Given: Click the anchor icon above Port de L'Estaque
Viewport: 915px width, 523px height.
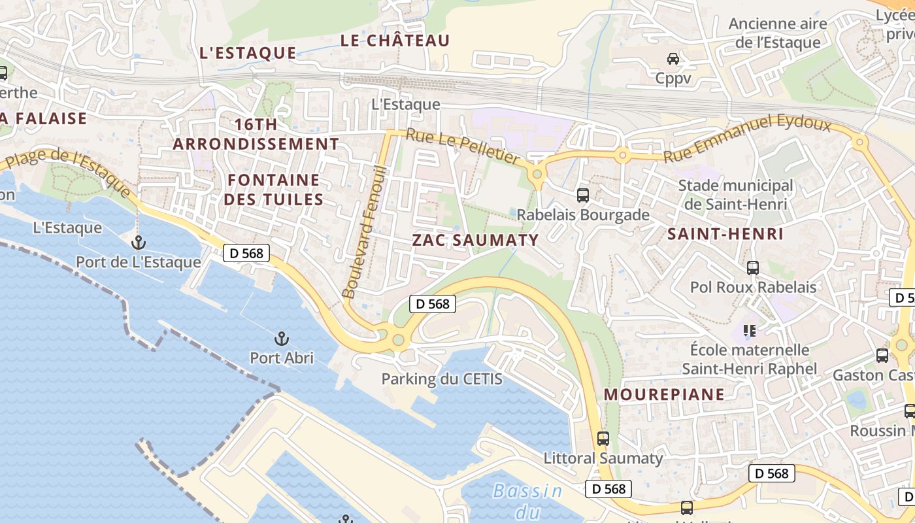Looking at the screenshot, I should [x=138, y=243].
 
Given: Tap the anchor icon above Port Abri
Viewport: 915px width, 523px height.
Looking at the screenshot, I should [x=281, y=339].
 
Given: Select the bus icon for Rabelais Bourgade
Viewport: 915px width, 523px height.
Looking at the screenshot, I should [x=582, y=195].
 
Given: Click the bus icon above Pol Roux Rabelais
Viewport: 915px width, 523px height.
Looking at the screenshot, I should [x=753, y=267].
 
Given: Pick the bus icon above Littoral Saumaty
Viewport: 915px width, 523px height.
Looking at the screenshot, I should [x=603, y=439].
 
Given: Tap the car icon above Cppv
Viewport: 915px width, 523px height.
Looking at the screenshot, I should [x=673, y=59].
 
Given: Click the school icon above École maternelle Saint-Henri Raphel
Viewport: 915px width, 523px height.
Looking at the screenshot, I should [x=749, y=330].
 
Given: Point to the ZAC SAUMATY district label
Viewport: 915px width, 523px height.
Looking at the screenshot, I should [x=475, y=240].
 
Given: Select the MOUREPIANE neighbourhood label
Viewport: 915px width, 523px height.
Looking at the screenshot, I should [x=664, y=394].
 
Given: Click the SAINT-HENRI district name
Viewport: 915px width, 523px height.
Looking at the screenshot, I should [x=725, y=234].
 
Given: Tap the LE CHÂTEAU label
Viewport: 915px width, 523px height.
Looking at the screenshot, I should [x=395, y=41].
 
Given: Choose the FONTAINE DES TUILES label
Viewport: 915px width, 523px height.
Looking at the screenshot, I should [x=274, y=190].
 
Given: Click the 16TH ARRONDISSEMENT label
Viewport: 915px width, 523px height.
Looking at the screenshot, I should [x=256, y=134].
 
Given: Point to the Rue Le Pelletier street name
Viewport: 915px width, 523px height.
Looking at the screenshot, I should [x=463, y=146].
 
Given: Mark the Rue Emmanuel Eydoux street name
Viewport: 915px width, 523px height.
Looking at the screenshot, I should [x=746, y=139].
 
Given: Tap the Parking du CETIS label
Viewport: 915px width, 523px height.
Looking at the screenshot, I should [x=442, y=379].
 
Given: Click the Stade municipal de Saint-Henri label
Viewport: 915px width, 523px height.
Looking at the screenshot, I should [x=735, y=195].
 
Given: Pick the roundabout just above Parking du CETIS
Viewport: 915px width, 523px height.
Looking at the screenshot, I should [x=397, y=339].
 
